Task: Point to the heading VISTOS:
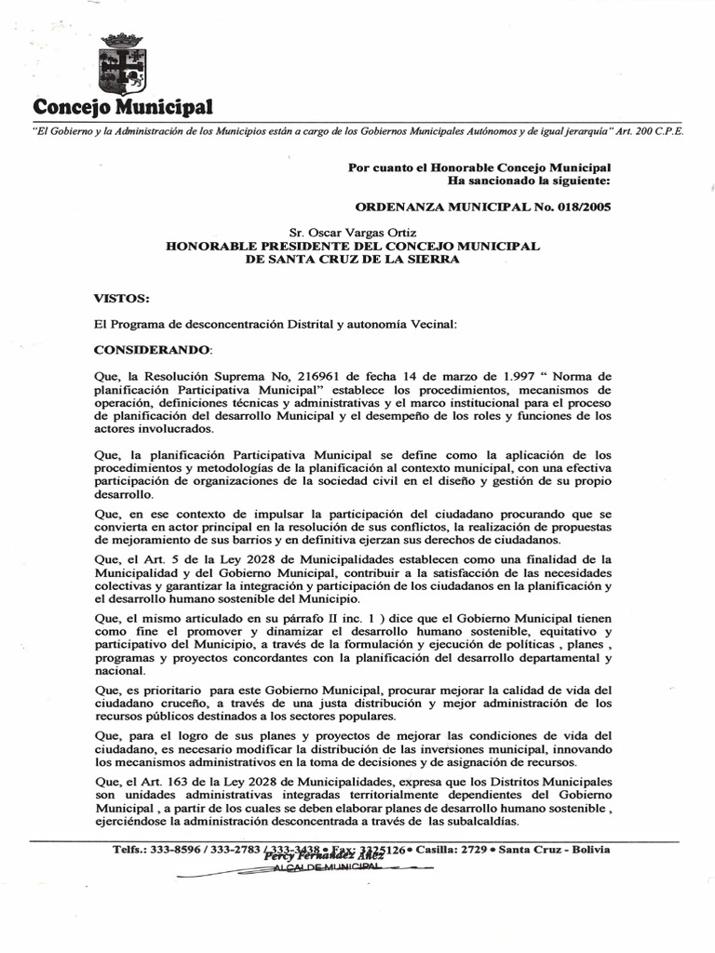point(121,299)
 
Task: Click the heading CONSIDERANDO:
point(154,350)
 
